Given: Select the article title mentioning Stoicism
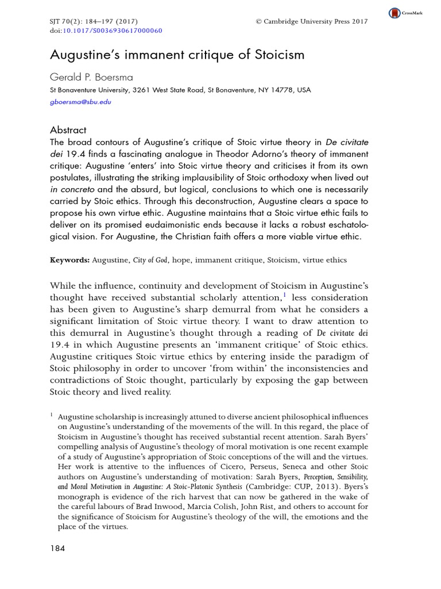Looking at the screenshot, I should [x=177, y=56].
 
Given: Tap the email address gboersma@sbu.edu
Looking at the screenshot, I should [x=80, y=102].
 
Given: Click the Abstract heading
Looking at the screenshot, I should [x=68, y=130].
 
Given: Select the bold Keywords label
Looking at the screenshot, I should [x=69, y=260].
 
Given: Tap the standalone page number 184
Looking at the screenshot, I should [x=58, y=548].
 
